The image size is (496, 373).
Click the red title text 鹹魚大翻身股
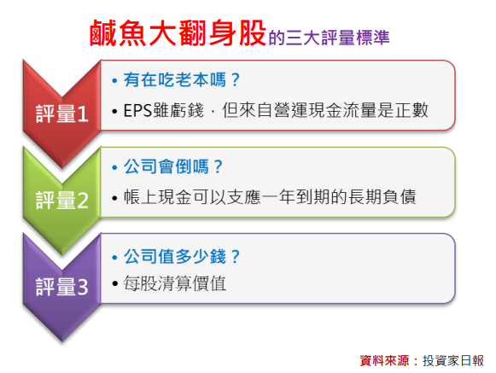[x=178, y=33]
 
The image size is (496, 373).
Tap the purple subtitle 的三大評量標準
[x=329, y=38]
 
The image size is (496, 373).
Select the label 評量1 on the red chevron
[x=62, y=114]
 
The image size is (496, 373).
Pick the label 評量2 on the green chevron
[x=62, y=201]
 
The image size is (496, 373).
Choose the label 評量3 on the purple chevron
[x=62, y=287]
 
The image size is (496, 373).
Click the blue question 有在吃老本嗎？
[x=182, y=79]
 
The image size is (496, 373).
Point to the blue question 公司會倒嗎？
[x=173, y=166]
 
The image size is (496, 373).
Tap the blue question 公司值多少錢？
[x=182, y=256]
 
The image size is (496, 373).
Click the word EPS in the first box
[x=138, y=110]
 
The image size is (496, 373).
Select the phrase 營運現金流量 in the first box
[x=325, y=110]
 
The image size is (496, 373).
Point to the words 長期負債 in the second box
[x=382, y=197]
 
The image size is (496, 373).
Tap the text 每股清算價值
[x=175, y=283]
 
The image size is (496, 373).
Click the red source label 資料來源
[x=384, y=361]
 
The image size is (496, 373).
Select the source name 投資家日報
[x=453, y=361]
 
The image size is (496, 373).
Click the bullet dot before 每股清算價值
[x=115, y=283]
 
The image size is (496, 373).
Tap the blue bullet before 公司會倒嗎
[x=114, y=167]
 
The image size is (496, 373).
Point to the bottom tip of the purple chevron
[x=62, y=341]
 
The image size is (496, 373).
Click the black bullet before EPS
[x=114, y=111]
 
